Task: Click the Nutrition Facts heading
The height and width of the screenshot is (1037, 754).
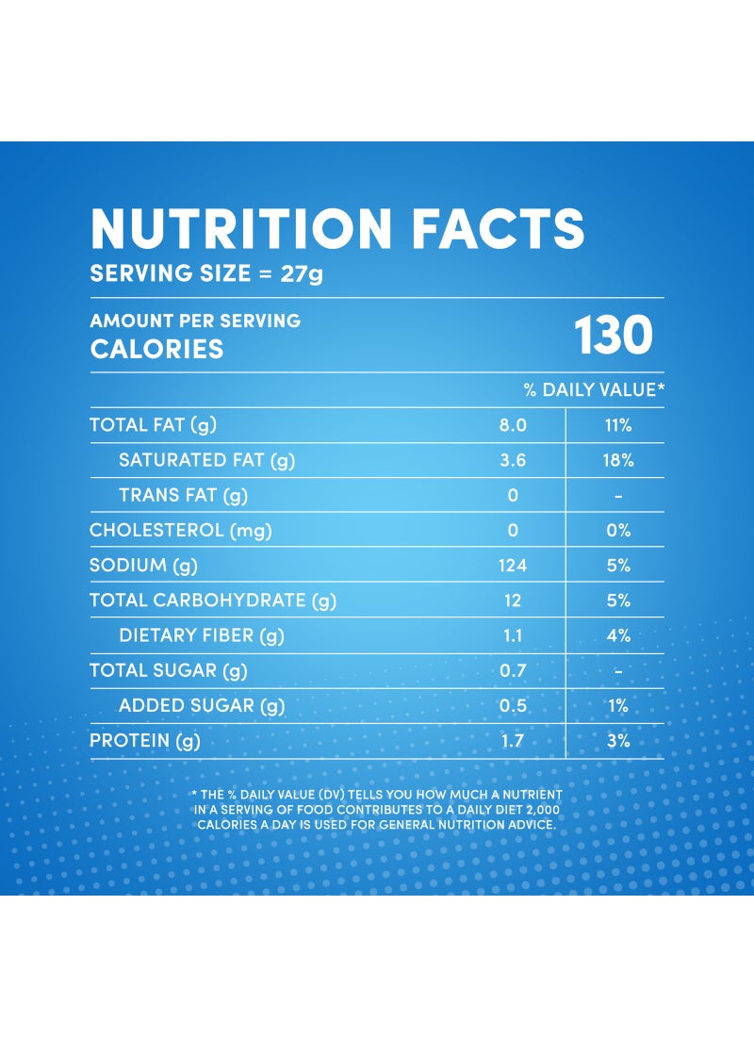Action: click(337, 228)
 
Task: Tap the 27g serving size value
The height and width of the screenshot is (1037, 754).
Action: click(302, 273)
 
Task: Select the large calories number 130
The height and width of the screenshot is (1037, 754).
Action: click(614, 335)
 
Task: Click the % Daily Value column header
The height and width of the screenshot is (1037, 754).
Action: click(594, 389)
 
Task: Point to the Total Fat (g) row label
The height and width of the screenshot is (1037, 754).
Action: click(153, 424)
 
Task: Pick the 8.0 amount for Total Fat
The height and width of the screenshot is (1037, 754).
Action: click(513, 425)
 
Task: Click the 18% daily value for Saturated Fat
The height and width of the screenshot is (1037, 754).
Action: click(617, 460)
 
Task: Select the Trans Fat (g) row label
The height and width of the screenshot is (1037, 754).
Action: click(183, 495)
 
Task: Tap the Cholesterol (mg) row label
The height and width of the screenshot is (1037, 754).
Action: click(181, 531)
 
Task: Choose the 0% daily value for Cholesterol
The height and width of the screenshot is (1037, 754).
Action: click(618, 531)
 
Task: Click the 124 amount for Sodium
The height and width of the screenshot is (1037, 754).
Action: click(513, 566)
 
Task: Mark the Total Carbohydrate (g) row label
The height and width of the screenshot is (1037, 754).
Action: click(213, 601)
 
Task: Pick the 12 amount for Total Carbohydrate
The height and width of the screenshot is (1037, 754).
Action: click(513, 601)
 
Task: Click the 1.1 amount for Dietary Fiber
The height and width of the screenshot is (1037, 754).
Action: click(513, 635)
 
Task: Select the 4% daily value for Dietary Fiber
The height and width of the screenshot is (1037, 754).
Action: click(618, 635)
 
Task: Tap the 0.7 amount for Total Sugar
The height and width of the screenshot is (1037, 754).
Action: click(513, 670)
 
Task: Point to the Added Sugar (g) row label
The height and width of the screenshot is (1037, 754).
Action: click(202, 706)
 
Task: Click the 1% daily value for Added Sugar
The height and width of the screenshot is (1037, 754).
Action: click(617, 706)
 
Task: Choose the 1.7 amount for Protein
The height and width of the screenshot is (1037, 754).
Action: click(513, 741)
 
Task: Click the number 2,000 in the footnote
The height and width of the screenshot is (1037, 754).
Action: click(544, 810)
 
